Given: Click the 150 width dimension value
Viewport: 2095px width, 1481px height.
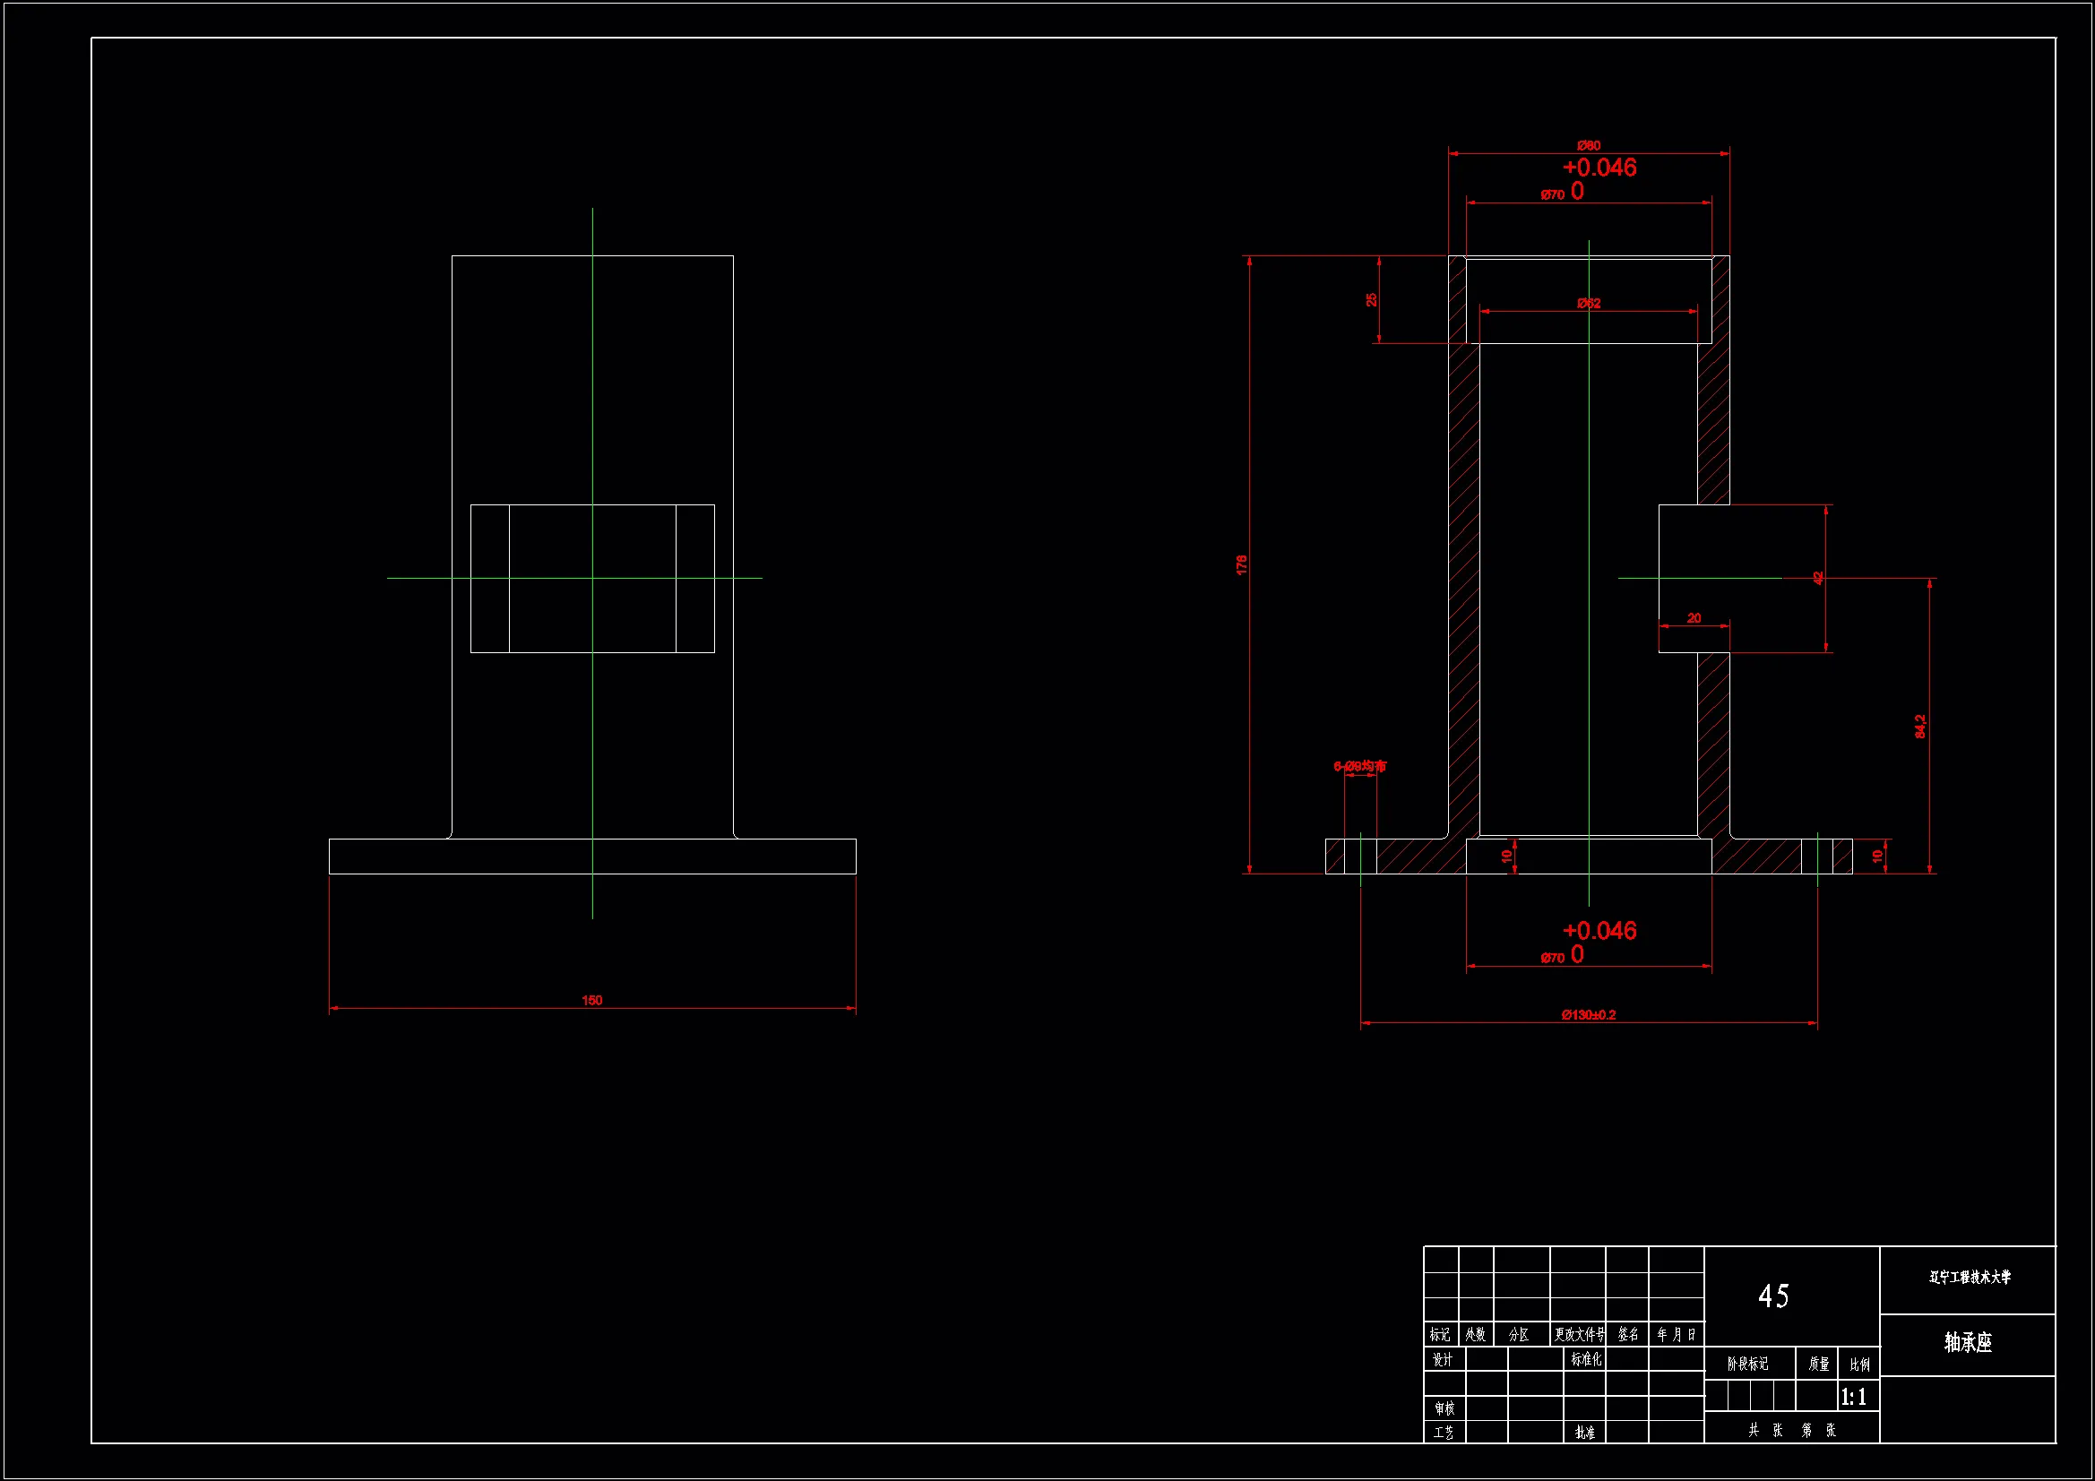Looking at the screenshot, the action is (591, 1000).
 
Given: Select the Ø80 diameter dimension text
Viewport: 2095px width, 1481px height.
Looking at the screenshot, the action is (1589, 146).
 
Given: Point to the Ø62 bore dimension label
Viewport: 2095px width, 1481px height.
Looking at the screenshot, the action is (1589, 303).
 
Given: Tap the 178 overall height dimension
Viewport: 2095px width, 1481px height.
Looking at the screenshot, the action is (1241, 564).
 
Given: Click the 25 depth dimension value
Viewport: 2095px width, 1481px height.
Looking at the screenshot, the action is (1370, 299).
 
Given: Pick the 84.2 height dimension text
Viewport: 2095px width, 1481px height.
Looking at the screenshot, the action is (1919, 727).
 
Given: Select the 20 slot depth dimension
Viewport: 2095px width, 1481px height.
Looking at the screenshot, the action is (1694, 618).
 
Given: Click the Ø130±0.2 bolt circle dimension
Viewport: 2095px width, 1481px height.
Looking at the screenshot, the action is (1588, 1015).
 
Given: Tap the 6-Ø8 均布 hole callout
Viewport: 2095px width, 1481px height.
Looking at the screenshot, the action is (1359, 767).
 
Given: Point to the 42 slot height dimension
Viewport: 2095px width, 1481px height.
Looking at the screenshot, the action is (1817, 578).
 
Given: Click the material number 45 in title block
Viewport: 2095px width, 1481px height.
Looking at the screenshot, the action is (1773, 1296).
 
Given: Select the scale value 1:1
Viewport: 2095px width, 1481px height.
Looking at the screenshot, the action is (1853, 1397).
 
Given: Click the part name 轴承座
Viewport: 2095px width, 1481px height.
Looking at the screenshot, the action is (1967, 1342).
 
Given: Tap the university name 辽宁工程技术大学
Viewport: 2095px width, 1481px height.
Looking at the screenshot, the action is (1969, 1278).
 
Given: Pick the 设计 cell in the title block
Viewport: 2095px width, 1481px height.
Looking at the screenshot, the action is (1442, 1360).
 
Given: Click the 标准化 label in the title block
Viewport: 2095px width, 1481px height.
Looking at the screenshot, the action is (1586, 1359).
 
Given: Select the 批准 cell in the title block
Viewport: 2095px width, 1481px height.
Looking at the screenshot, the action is (1585, 1433).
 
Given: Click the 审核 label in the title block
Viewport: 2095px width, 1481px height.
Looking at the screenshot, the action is (1444, 1409).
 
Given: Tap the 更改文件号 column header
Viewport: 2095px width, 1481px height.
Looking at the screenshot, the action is (1579, 1334).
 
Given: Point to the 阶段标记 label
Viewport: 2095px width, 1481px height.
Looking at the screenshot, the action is (1747, 1364).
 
